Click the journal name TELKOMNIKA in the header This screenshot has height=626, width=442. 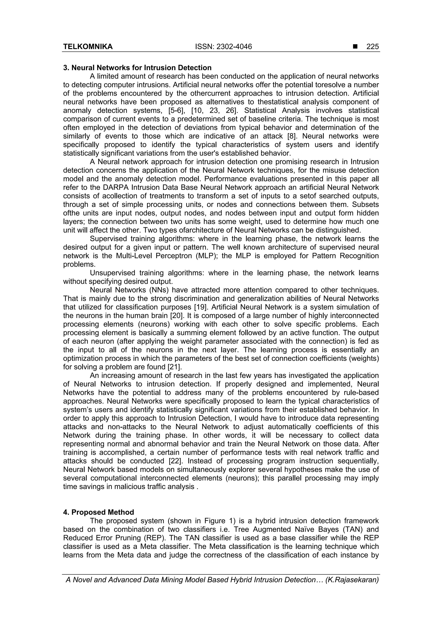click(x=88, y=47)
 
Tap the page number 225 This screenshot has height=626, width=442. click(x=372, y=47)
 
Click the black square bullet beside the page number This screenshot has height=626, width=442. click(x=355, y=47)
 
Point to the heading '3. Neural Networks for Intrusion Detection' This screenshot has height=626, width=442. click(x=137, y=68)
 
